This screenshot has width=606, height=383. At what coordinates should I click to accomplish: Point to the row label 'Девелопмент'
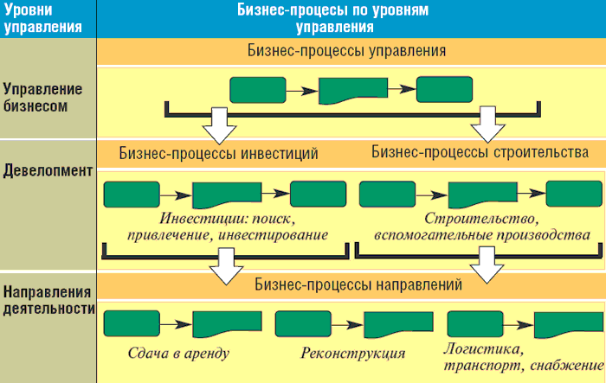pyautogui.click(x=47, y=170)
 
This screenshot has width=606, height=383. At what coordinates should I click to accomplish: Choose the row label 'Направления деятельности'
pyautogui.click(x=47, y=298)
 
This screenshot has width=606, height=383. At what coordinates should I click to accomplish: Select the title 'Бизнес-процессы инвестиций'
pyautogui.click(x=218, y=153)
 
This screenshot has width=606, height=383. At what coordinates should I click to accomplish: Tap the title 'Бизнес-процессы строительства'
pyautogui.click(x=480, y=152)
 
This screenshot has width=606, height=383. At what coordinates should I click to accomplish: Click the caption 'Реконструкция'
pyautogui.click(x=353, y=353)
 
